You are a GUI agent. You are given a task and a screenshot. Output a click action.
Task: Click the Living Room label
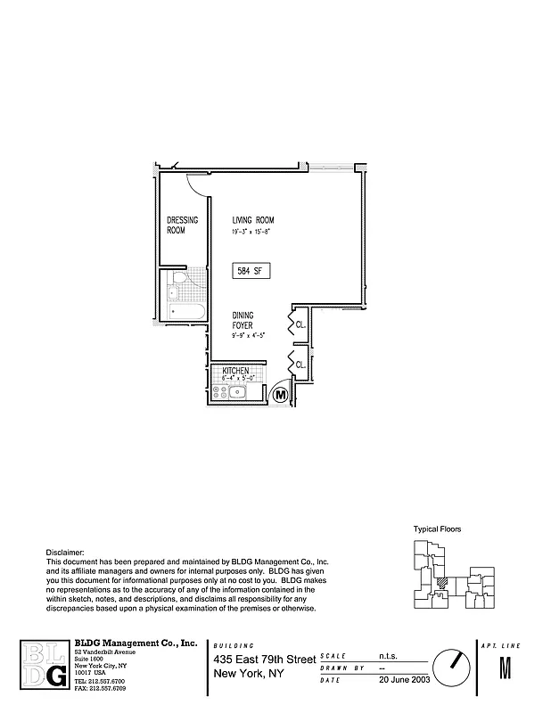(252, 220)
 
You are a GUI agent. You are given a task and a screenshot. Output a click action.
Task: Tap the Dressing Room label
(183, 225)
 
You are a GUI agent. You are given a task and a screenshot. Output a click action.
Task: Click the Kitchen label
(235, 370)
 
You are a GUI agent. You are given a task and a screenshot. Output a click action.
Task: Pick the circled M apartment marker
(279, 393)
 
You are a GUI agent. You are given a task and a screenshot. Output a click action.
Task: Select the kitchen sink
(238, 392)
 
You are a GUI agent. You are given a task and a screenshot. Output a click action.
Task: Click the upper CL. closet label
(300, 325)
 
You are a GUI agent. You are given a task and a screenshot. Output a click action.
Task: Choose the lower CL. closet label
(300, 365)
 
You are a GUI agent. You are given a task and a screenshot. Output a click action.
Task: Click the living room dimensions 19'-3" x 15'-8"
(251, 231)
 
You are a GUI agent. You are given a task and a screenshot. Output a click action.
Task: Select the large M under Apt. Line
(506, 668)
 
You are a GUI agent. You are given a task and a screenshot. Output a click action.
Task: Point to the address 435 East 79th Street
(265, 660)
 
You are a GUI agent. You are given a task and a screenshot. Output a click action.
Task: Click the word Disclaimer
(65, 553)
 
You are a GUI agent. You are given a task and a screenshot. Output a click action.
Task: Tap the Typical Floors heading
(437, 529)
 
